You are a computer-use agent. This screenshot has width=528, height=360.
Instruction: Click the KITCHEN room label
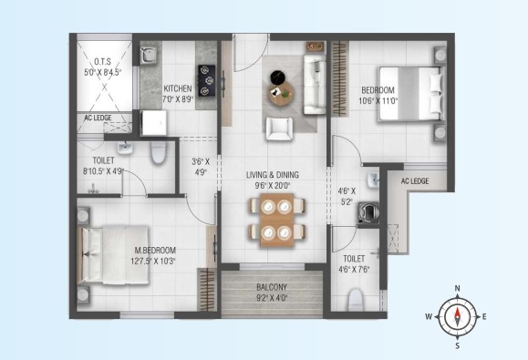pos(178,88)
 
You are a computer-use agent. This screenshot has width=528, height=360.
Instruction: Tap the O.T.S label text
pos(102,62)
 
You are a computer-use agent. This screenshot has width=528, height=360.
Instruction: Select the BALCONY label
pos(272,287)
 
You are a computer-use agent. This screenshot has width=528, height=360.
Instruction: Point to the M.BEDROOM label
pos(155,251)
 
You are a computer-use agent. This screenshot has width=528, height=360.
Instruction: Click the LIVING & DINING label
pos(273,175)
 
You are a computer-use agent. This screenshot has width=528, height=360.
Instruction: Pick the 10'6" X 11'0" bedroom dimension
pos(378,100)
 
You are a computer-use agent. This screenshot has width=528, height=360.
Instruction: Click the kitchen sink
pos(148,56)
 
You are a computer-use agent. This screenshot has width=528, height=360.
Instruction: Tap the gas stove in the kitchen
pos(206,80)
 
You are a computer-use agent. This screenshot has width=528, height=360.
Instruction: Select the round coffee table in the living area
pos(281,94)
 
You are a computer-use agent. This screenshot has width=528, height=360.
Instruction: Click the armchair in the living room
pos(279,129)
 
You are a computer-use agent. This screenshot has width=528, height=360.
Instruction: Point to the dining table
pos(277,220)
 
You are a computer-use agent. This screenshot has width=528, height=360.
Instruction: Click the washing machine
pos(368,212)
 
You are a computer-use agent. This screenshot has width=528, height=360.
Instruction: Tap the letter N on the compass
pos(457,288)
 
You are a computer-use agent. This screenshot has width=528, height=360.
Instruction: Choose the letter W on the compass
pos(429,316)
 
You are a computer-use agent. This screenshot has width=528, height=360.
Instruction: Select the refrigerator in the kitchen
pos(154,123)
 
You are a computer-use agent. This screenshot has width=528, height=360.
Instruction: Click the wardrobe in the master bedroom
pos(206,289)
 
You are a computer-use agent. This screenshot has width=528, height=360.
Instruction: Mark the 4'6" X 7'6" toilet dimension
pos(354,270)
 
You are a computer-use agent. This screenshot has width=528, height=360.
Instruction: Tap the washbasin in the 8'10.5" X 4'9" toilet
pos(125,148)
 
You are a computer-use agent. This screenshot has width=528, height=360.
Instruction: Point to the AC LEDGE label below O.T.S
pos(98,118)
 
